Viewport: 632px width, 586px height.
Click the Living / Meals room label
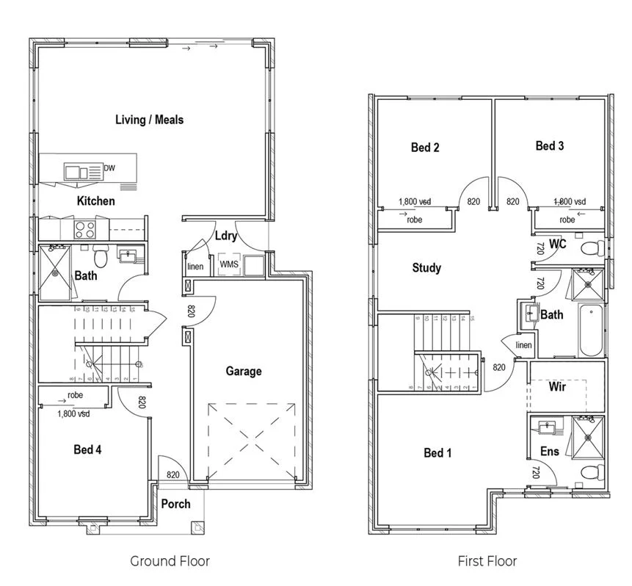(149, 119)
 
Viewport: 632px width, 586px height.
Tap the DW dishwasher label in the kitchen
(109, 168)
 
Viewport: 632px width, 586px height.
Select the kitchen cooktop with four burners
(85, 229)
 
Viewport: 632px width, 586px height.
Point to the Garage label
(243, 371)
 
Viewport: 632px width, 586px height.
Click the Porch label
(175, 504)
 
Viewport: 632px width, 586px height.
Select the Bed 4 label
(87, 449)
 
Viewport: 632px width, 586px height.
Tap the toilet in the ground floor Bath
(101, 257)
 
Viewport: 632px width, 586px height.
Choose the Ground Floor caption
(170, 561)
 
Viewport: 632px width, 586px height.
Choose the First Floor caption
(487, 561)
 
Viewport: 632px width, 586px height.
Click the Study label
(426, 268)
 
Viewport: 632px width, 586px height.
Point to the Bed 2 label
(425, 148)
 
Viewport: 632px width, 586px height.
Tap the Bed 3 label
(550, 146)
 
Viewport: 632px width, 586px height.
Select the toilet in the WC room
(589, 249)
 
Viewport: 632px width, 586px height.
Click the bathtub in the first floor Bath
(591, 330)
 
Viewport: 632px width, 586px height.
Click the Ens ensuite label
(549, 451)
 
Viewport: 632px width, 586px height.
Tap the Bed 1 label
(438, 452)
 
